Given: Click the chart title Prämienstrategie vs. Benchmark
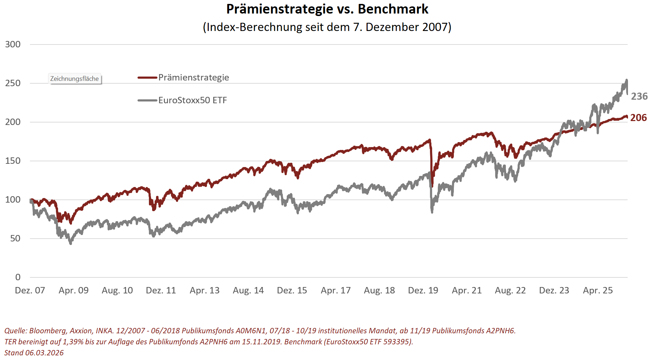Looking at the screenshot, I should point(327,9).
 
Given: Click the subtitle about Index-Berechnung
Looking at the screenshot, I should point(327,27).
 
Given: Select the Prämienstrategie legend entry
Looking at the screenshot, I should point(193,78).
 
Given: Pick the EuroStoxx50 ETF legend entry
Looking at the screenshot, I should point(192,100).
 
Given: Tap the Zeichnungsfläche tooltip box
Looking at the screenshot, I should point(74,79).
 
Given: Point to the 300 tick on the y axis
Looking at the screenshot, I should point(13,45).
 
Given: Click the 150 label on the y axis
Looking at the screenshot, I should point(13,161).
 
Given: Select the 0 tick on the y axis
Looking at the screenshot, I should point(18,277).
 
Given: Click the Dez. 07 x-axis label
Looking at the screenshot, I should point(30,291).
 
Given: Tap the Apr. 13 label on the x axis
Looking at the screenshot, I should point(204,291).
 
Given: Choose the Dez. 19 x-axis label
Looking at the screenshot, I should point(423,291).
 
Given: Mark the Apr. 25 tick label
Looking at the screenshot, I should point(598,291).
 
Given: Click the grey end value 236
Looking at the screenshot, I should point(639,96).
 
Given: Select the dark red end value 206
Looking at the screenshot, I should point(638,118).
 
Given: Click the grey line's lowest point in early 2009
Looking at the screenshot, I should point(71,243).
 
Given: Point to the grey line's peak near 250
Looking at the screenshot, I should point(627,80).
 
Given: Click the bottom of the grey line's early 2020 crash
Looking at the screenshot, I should point(432,212).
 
